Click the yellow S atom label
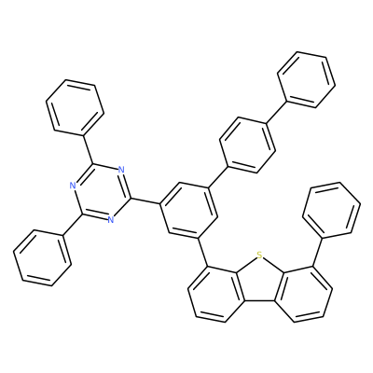[x=260, y=256]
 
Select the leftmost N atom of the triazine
[x=73, y=186]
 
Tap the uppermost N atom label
[x=121, y=170]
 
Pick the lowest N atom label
[x=111, y=219]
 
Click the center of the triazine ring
[x=101, y=194]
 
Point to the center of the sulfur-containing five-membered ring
[x=259, y=282]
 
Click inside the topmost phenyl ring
[x=307, y=79]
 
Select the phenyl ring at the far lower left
[x=42, y=258]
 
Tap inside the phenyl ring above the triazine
[x=75, y=108]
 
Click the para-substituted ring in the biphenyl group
[x=247, y=145]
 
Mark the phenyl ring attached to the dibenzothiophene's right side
[x=331, y=211]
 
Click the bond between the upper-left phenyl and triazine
[x=88, y=150]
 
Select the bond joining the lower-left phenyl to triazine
[x=73, y=226]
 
